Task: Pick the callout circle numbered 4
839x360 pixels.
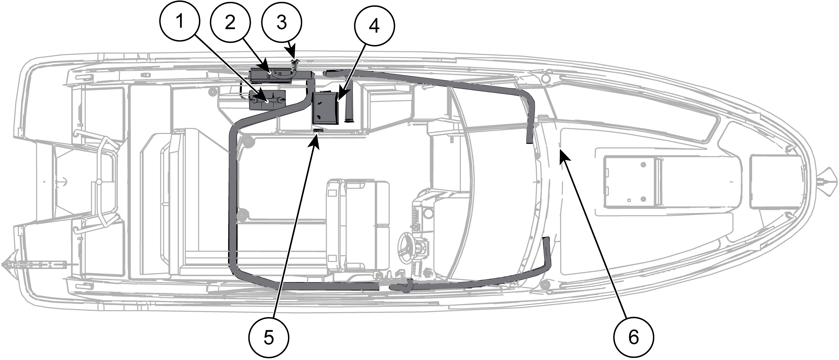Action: pyautogui.click(x=374, y=25)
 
